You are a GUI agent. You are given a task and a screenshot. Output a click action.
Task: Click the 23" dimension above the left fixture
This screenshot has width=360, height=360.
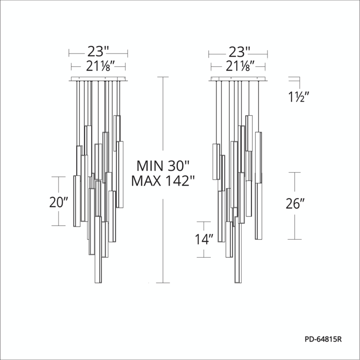98,51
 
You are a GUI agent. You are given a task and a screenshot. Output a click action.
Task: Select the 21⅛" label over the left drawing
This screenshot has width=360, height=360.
100,66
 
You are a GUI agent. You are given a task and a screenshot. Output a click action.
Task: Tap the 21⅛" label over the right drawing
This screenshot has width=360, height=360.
240,66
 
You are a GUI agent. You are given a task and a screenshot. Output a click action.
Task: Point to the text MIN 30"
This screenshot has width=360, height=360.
163,166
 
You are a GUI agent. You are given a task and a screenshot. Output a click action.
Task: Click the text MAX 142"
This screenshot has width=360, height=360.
163,181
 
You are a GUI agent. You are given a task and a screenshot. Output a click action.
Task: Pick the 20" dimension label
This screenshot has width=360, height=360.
59,202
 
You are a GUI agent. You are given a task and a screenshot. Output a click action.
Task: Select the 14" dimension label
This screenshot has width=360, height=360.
204,239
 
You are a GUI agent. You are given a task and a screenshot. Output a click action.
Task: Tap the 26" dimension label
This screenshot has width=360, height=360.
295,204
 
